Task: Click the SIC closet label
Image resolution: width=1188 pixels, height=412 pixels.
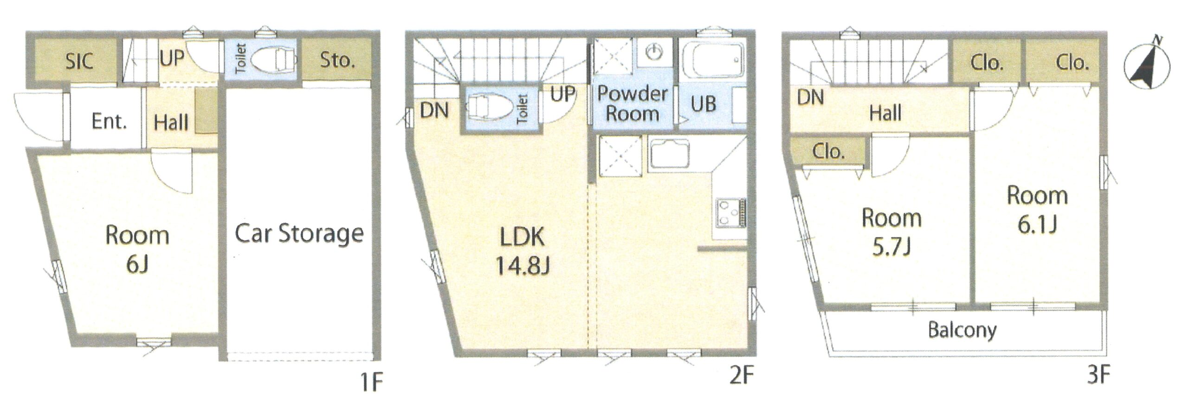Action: point(79,61)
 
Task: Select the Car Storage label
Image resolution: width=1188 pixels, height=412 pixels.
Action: point(299,234)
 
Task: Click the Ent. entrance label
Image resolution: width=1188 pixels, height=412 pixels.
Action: point(109,122)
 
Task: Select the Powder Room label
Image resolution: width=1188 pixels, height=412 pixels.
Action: point(633,104)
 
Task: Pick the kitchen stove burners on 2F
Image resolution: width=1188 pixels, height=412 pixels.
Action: point(731,213)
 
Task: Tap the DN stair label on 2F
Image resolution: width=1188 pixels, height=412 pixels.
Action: point(434,111)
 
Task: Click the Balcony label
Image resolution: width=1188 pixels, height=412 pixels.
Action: point(962,330)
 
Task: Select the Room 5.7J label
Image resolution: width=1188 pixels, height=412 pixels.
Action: point(891,232)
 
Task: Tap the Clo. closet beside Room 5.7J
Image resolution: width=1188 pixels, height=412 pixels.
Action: point(828,151)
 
